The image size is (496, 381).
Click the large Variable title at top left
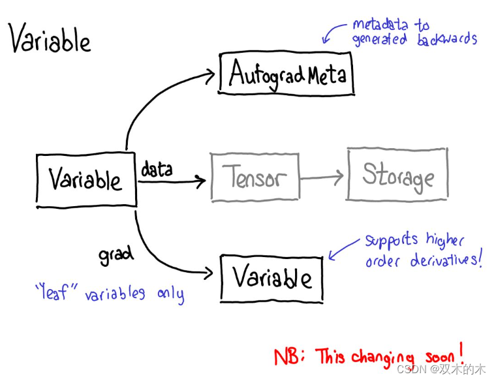click(x=50, y=40)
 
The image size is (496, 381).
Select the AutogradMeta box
click(x=287, y=74)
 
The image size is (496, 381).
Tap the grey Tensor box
click(x=255, y=176)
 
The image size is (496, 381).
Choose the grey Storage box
click(x=397, y=174)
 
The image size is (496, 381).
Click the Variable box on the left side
click(x=85, y=179)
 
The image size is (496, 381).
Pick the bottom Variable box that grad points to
click(x=271, y=279)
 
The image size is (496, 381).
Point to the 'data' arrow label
click(x=157, y=170)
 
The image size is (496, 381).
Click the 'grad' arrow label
click(x=116, y=254)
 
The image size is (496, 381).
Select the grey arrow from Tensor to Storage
click(x=322, y=176)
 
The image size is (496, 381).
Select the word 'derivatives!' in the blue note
click(x=448, y=261)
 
